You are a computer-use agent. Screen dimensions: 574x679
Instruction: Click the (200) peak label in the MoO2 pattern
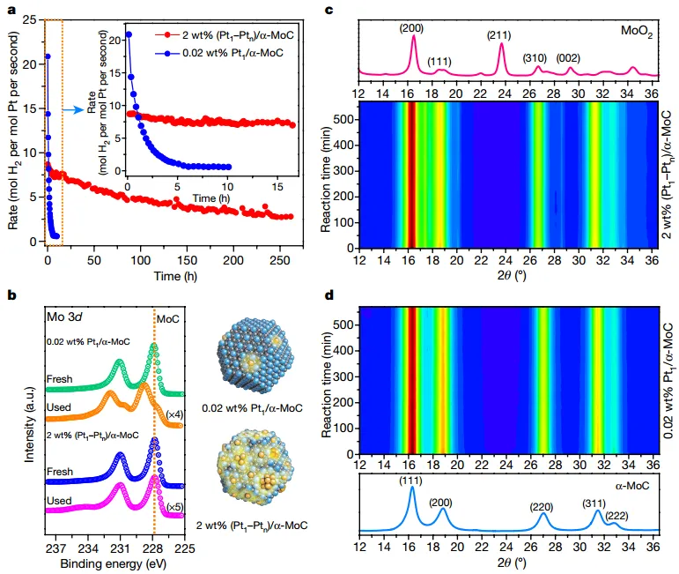(x=412, y=26)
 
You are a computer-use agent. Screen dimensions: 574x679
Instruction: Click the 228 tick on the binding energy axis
(x=152, y=548)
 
